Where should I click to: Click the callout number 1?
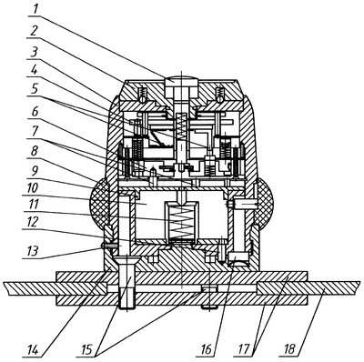point(35,10)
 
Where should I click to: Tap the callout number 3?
point(35,52)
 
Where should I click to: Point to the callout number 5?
point(35,90)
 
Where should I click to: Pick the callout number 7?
point(35,132)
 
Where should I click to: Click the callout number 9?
point(35,170)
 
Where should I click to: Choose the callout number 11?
point(34,206)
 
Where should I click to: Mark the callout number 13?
point(33,250)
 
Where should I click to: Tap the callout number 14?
point(32,348)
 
